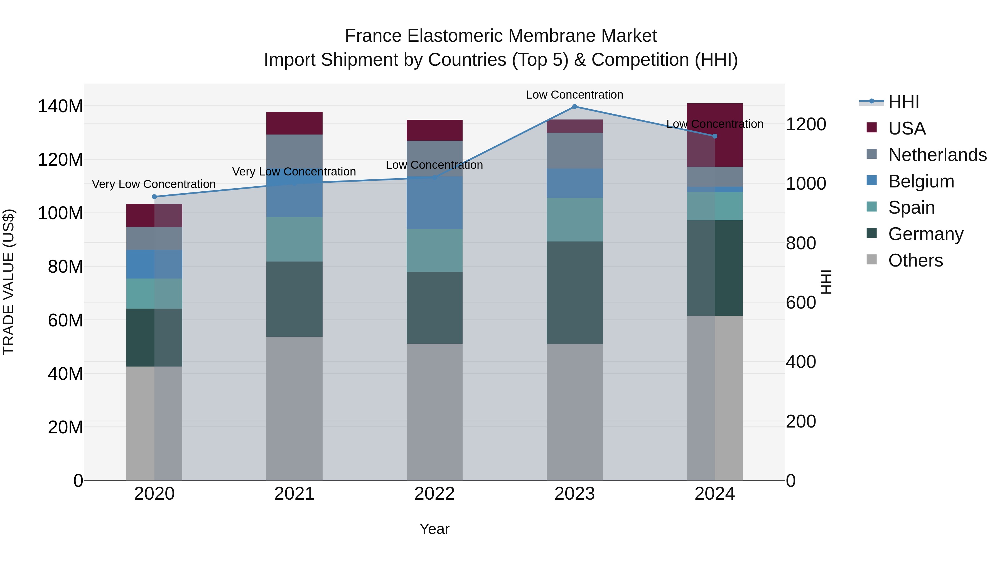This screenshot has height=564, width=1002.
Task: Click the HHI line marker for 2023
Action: click(574, 107)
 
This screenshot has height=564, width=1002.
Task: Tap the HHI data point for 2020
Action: click(154, 197)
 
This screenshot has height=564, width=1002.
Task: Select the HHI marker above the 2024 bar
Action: click(714, 136)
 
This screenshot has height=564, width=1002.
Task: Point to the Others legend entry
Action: click(915, 260)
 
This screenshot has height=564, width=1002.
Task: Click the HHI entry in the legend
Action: click(903, 102)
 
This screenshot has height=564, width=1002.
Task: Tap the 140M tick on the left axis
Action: click(60, 106)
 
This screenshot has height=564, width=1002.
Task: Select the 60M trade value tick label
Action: click(65, 320)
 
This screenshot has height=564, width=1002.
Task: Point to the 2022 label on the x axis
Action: click(434, 494)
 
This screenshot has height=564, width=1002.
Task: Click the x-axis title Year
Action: click(434, 529)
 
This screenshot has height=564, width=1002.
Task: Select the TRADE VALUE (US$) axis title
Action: click(9, 282)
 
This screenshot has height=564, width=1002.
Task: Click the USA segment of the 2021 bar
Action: click(294, 123)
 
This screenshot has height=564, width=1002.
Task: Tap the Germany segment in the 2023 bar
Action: click(574, 293)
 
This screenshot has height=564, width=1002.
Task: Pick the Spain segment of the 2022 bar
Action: click(434, 250)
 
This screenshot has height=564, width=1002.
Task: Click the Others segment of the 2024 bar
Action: click(714, 398)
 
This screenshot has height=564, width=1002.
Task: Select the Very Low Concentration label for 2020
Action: click(154, 184)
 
